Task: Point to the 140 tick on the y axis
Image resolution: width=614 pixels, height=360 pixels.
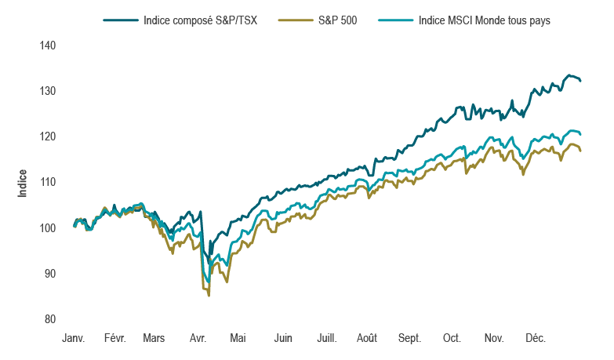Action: point(47,45)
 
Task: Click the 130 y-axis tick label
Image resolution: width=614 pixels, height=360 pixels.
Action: point(47,91)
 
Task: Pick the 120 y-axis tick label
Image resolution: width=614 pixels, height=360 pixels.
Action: point(47,136)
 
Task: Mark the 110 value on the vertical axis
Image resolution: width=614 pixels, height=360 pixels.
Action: point(47,182)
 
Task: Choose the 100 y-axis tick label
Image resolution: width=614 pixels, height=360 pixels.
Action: point(47,228)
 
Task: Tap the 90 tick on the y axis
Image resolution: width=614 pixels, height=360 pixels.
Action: point(49,274)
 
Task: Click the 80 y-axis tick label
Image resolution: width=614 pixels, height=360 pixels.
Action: point(49,319)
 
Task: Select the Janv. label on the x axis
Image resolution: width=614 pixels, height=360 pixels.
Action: point(74,338)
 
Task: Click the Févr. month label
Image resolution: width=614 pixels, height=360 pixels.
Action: point(115,338)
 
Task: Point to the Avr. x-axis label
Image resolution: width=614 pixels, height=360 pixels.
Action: point(198,338)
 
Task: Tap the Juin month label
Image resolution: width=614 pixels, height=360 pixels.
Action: point(283,338)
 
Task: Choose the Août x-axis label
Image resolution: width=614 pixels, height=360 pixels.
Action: point(366,338)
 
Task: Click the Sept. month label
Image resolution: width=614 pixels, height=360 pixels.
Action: point(409,338)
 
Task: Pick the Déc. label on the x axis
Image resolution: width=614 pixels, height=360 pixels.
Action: point(536,338)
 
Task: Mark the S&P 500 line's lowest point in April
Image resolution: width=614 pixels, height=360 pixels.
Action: point(209,296)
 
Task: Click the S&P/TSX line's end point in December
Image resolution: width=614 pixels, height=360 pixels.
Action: point(580,80)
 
